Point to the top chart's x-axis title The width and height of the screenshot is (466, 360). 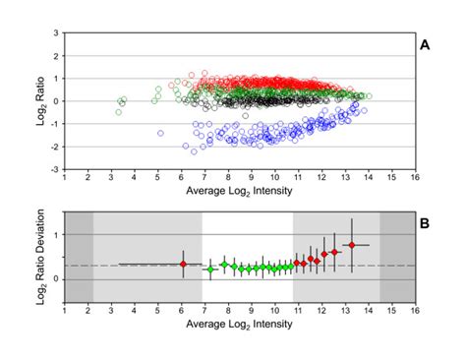pos(240,193)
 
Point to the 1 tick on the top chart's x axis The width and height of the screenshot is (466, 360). pos(65,178)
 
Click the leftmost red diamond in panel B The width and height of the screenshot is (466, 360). pos(183,264)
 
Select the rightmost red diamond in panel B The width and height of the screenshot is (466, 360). pos(352,245)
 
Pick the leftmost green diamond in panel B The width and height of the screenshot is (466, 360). pos(208,269)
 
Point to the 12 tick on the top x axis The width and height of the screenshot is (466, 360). pos(321,178)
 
